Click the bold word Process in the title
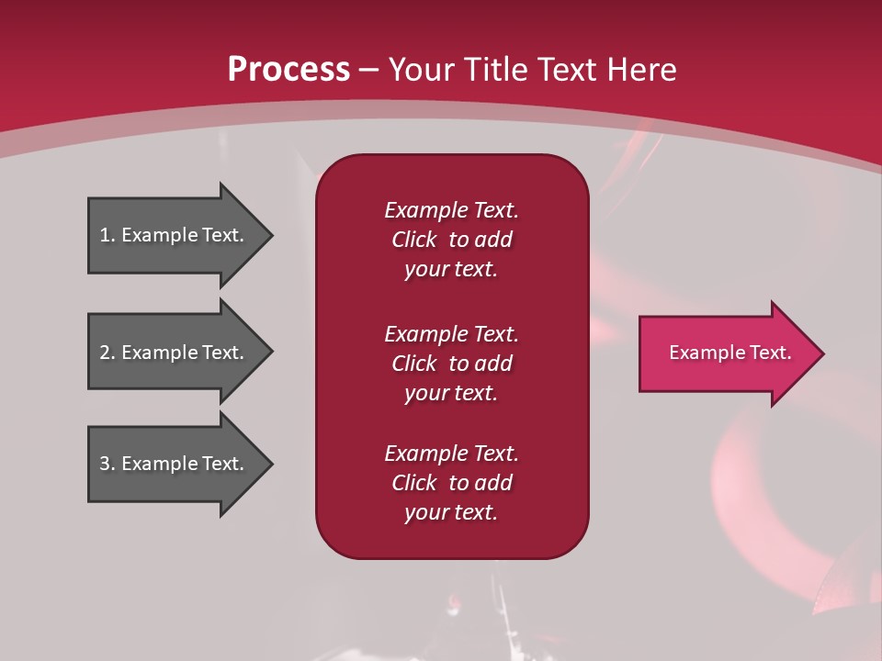(x=288, y=70)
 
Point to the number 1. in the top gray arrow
(x=107, y=235)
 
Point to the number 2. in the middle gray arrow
(x=107, y=353)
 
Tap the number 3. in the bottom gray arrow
(x=107, y=464)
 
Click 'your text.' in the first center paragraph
(x=451, y=270)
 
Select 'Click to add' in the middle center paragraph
(x=451, y=364)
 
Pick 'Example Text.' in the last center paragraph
(x=451, y=454)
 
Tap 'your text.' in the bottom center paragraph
(x=451, y=512)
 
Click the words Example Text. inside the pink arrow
(x=730, y=353)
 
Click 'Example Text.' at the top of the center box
(x=451, y=210)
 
